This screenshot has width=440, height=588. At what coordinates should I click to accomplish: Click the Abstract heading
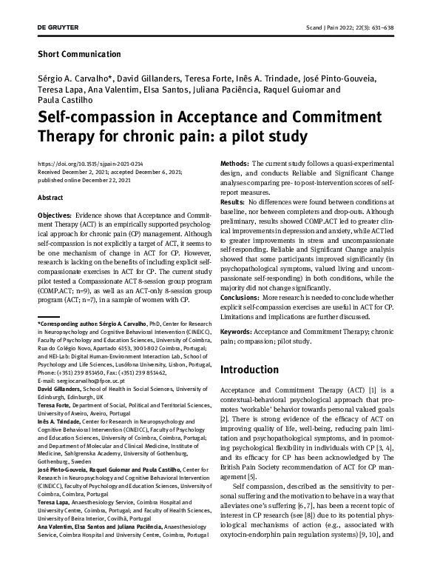[50, 197]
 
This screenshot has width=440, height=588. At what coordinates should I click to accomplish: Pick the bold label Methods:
[235, 163]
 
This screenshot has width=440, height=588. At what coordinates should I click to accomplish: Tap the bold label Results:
[233, 201]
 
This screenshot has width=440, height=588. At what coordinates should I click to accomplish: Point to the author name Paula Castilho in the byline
[65, 101]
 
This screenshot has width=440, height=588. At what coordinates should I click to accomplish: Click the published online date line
[82, 178]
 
